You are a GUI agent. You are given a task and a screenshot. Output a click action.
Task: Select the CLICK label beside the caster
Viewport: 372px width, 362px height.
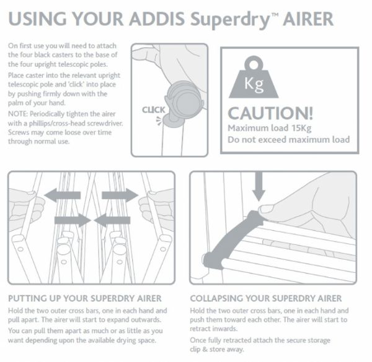tap(153, 110)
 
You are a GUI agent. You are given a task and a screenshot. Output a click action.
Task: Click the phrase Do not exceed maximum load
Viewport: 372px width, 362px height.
tap(288, 140)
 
